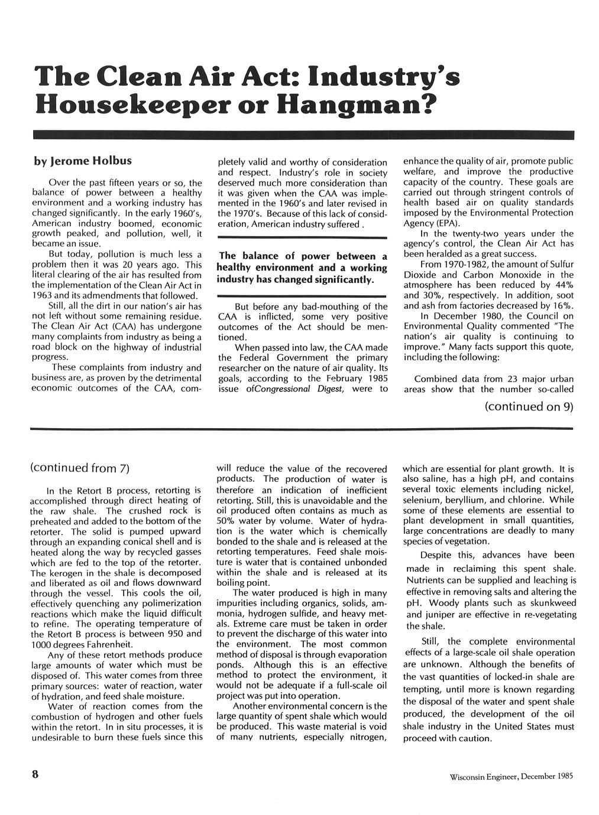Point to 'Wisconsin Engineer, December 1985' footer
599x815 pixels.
point(511,776)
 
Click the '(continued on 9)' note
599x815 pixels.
point(529,407)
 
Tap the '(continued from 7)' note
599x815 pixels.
point(79,468)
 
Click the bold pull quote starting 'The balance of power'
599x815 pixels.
point(303,268)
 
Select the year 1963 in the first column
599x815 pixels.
point(41,295)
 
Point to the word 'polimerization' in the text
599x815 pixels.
point(171,603)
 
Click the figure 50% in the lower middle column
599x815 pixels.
point(226,521)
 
